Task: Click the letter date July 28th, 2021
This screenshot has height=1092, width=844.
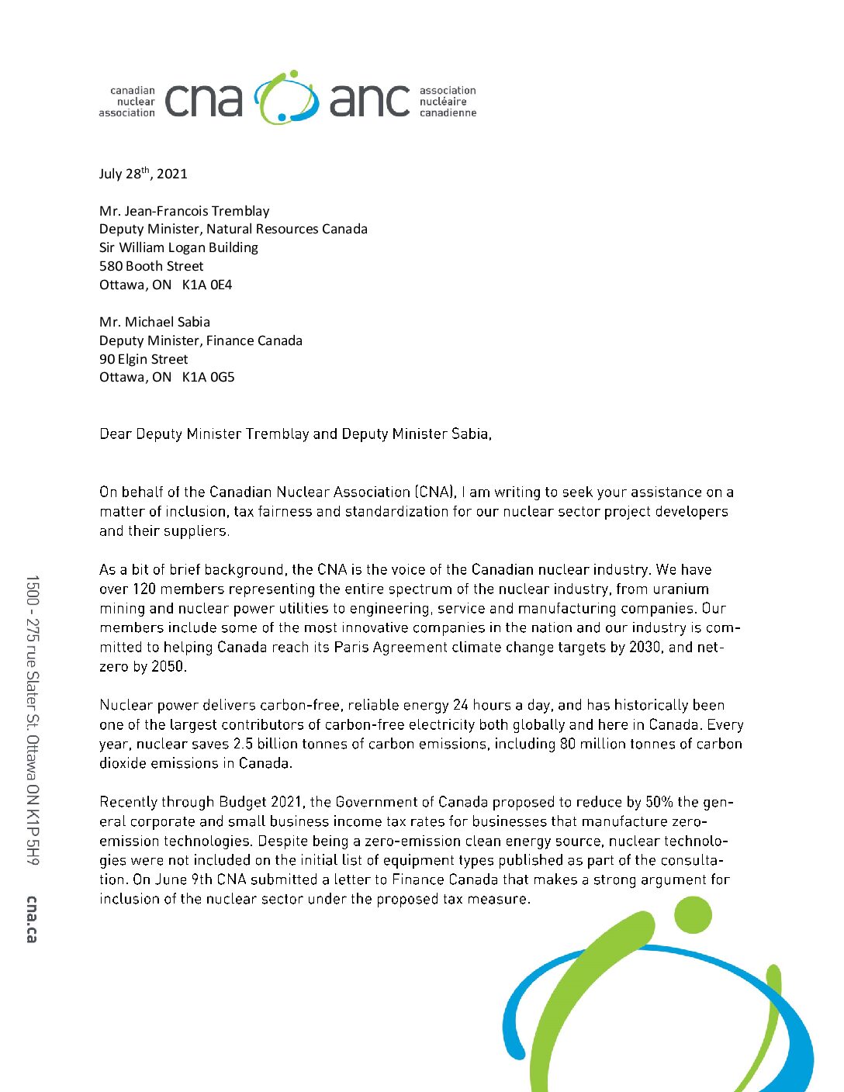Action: coord(143,174)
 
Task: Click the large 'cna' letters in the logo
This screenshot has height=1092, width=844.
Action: coord(203,102)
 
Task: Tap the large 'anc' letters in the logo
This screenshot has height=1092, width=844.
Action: coord(369,102)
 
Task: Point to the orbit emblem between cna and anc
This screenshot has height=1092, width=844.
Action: coord(286,98)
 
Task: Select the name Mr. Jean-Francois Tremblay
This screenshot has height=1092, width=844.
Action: coord(184,211)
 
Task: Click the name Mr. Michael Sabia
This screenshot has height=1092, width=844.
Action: coord(154,322)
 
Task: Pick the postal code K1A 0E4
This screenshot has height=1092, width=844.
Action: coord(207,285)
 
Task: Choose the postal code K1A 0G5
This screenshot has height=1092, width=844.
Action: coord(208,378)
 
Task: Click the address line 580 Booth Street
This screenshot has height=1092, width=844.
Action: coord(151,266)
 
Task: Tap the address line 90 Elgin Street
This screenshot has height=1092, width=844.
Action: coord(144,359)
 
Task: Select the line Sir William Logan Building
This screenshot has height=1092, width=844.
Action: coord(178,247)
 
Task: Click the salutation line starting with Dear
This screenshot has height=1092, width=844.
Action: coord(295,434)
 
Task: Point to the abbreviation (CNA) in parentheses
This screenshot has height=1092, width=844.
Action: coord(434,492)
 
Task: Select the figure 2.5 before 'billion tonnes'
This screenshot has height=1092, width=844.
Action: coord(243,745)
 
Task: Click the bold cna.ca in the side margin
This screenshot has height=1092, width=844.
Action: coord(32,919)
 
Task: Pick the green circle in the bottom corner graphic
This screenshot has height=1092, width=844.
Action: coord(692,915)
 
